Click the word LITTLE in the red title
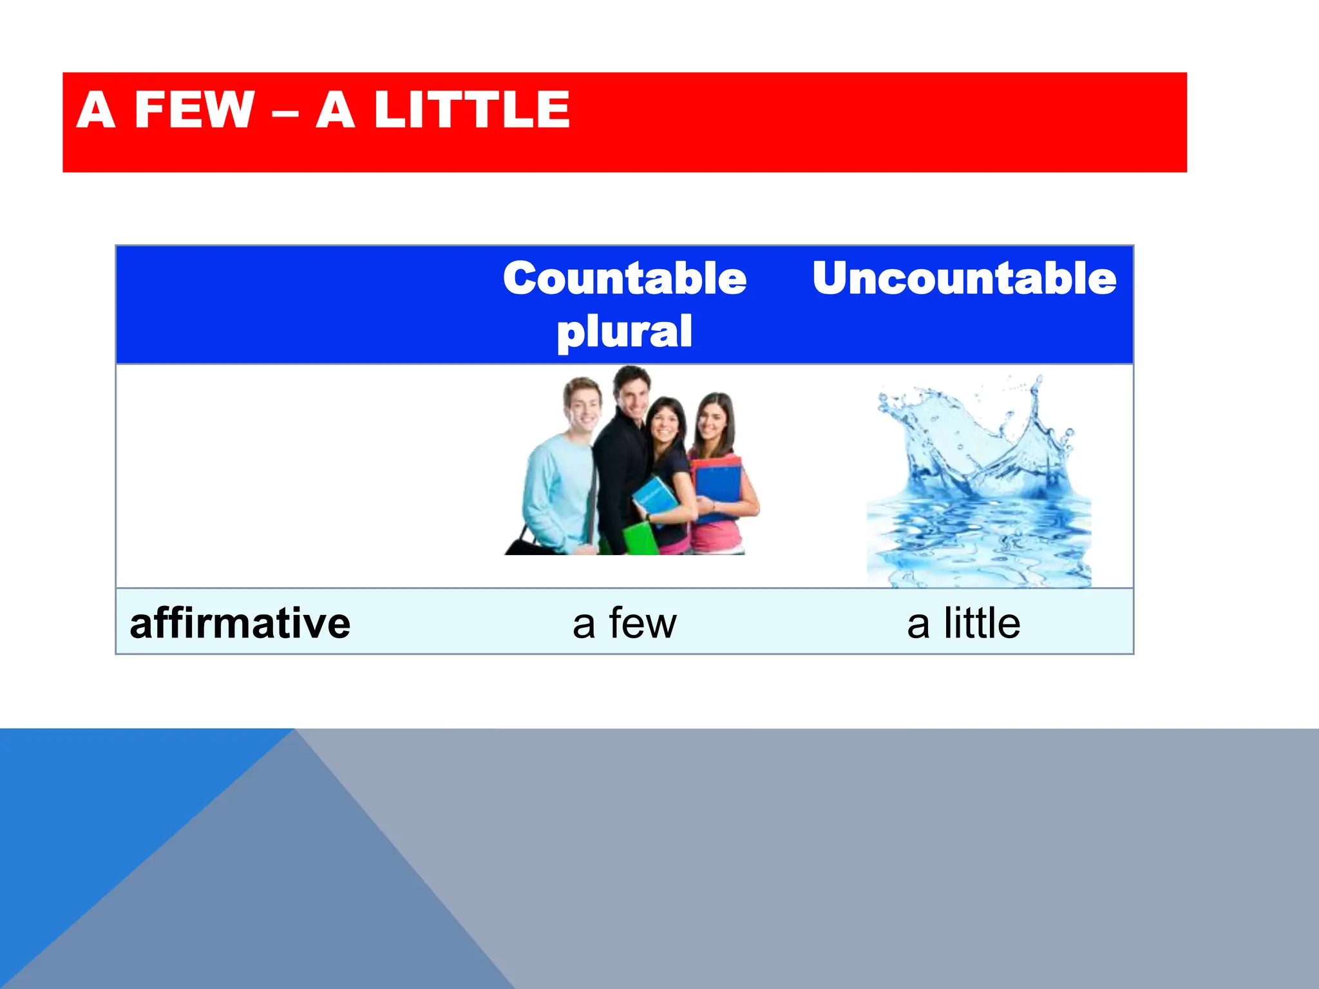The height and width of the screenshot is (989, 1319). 471,110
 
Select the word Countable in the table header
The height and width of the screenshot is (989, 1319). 624,279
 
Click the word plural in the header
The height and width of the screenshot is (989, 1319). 624,332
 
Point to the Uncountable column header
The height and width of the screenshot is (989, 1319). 963,279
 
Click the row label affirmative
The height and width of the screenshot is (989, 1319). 240,623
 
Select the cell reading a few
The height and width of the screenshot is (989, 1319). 624,623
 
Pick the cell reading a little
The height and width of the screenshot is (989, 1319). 963,623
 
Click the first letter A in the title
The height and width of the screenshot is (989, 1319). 96,110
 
